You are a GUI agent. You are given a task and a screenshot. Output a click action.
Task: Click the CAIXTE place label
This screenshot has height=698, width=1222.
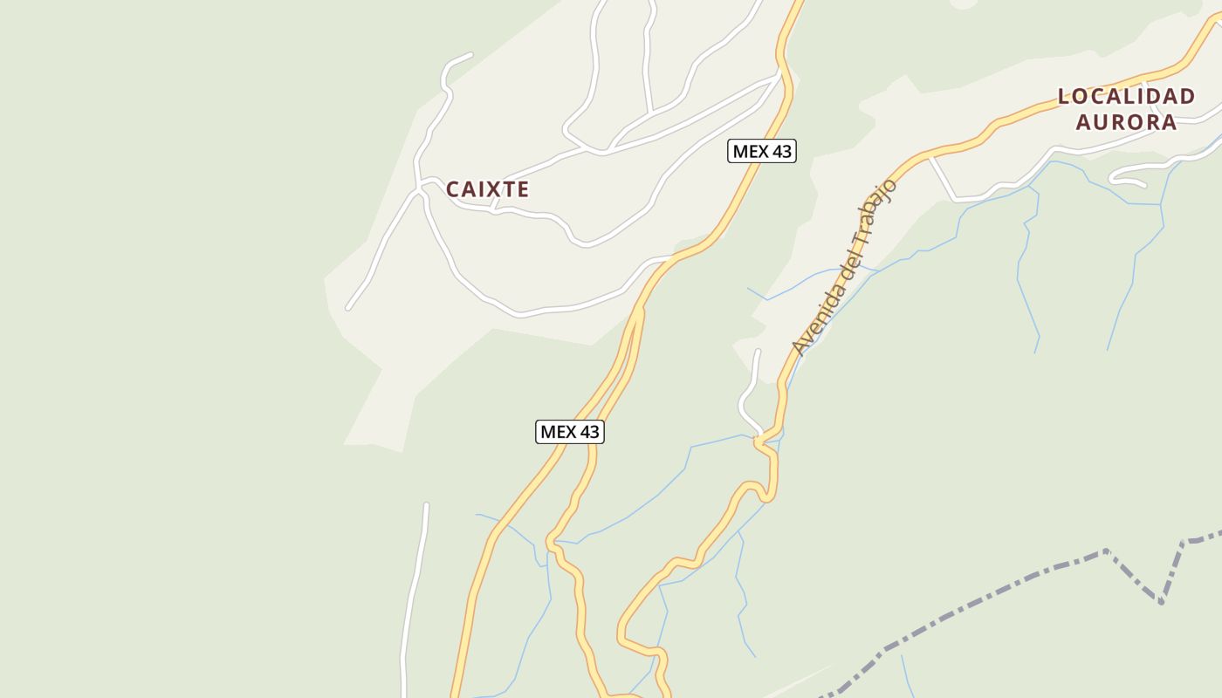tap(487, 189)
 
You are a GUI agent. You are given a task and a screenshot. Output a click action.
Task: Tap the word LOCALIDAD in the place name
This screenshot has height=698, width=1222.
tap(1126, 97)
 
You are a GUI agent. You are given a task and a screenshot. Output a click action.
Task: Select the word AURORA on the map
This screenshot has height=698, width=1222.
tap(1126, 121)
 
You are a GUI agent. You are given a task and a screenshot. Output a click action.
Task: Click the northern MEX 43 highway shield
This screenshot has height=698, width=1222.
tap(761, 151)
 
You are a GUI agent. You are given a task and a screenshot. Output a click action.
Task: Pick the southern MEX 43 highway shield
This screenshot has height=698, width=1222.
tap(569, 431)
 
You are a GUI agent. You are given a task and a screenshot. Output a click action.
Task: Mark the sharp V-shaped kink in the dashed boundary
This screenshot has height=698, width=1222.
tap(1161, 601)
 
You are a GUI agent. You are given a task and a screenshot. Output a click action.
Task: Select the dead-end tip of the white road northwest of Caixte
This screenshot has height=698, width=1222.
tap(470, 55)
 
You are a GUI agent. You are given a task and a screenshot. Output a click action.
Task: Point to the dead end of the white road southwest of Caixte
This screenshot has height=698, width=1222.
tap(348, 308)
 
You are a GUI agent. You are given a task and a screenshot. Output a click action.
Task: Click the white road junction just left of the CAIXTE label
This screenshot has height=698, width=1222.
tap(422, 185)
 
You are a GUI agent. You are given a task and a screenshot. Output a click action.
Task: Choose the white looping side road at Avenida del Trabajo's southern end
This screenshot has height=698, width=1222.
tap(745, 397)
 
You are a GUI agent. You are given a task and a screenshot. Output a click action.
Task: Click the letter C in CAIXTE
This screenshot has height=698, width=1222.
tap(453, 189)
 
